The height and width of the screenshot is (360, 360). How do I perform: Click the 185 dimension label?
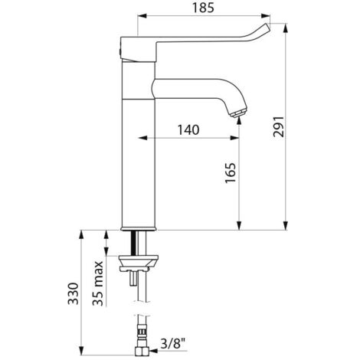click(x=203, y=8)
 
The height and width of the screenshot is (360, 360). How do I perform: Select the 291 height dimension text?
click(x=278, y=126)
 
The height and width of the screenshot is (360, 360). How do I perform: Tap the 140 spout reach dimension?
click(x=188, y=130)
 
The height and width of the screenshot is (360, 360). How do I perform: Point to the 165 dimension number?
click(x=230, y=172)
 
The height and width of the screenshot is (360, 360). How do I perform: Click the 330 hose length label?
click(x=74, y=293)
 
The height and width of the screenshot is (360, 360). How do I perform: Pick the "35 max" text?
click(x=98, y=283)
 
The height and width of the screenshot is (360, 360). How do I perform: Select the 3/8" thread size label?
click(x=173, y=343)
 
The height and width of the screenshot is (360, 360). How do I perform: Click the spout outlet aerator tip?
click(x=238, y=113)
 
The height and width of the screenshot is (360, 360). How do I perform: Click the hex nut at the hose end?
click(x=142, y=352)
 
